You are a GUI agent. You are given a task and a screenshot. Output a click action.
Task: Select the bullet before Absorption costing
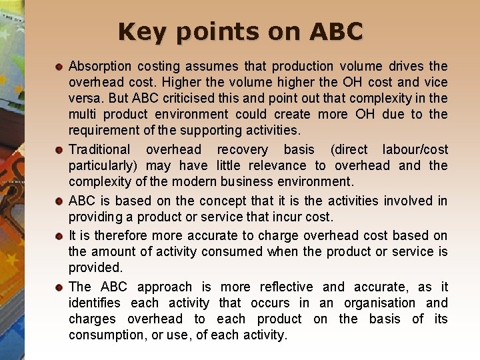point(59,67)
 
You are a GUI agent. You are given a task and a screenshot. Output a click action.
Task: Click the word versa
point(84,98)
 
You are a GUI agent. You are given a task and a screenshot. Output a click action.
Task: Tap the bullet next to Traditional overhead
point(59,150)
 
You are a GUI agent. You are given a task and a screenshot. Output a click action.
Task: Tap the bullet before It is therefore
point(59,236)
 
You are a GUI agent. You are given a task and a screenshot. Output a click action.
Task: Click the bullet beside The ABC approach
point(59,287)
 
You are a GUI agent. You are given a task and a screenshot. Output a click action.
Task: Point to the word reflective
point(283,287)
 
